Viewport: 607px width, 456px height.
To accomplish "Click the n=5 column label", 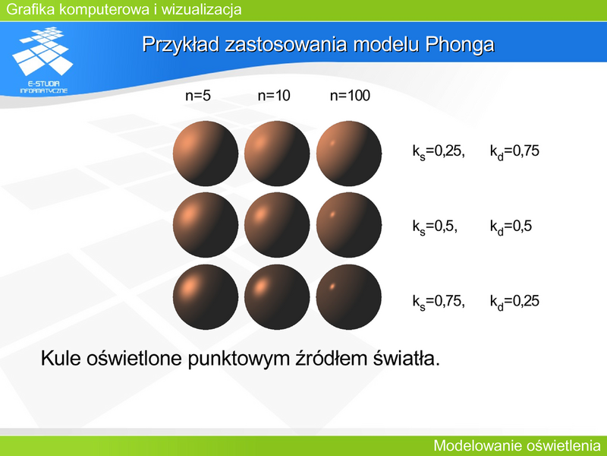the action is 198,96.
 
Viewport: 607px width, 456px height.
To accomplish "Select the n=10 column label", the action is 274,96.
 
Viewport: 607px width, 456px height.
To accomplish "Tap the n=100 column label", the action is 350,96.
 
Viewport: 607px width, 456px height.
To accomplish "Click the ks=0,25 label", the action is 439,151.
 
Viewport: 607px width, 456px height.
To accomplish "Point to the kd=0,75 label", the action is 514,151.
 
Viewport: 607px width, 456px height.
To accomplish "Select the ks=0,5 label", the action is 435,226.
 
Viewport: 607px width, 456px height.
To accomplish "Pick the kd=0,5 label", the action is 511,226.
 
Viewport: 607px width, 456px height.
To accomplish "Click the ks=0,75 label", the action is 439,301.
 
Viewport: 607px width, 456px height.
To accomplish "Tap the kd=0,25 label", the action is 514,301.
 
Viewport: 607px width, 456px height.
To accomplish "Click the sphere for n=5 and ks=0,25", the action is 206,154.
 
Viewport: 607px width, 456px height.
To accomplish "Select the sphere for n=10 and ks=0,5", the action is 277,225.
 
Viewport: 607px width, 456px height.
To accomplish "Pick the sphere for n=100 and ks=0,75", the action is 349,297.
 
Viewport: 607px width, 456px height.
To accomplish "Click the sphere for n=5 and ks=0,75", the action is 206,297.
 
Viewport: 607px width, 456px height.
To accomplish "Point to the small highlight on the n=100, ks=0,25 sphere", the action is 332,143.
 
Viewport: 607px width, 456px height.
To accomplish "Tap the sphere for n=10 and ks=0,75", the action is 277,297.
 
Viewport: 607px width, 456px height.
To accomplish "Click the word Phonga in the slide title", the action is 460,45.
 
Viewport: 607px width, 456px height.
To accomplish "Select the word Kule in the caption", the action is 61,358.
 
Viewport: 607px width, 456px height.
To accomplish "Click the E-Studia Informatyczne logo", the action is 43,60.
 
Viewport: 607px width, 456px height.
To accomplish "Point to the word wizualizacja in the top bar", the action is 201,9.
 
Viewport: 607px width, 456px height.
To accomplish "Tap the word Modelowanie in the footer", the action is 470,445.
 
